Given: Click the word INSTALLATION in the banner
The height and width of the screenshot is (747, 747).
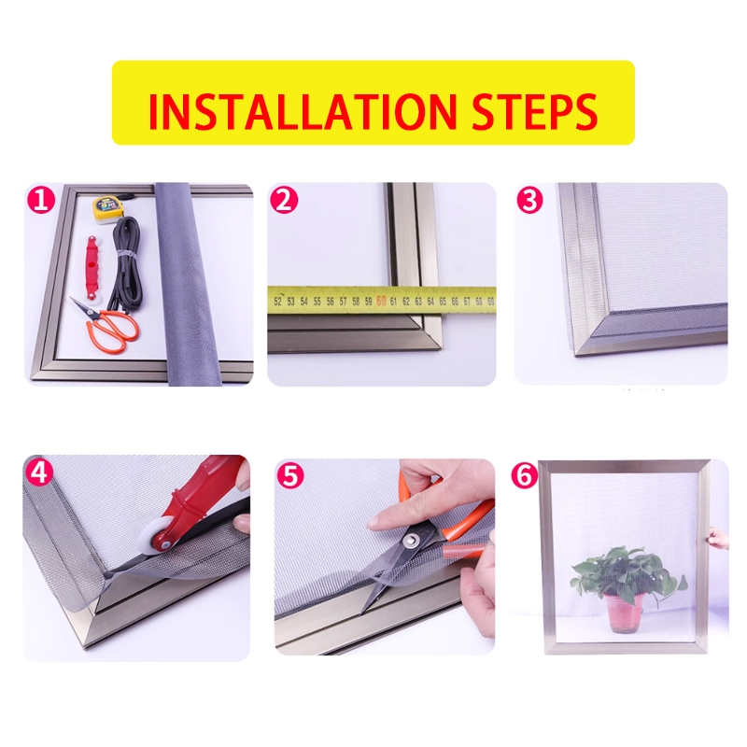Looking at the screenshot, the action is click(302, 111).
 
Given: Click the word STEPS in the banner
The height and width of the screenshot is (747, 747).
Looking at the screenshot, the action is click(534, 111).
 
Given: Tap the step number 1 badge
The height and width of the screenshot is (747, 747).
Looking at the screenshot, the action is click(41, 199).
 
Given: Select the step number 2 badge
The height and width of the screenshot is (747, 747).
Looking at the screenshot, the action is click(284, 200).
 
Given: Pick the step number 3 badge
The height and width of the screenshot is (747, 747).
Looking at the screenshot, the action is click(529, 200).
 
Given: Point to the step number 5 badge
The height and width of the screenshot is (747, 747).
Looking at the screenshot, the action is click(290, 474).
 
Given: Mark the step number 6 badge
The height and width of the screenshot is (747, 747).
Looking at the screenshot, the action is click(525, 475).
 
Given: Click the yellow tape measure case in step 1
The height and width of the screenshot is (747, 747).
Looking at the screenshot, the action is click(106, 209).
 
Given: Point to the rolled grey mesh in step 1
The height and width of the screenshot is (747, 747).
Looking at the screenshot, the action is click(190, 284).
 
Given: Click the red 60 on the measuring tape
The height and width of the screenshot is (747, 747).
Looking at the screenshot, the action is click(381, 301).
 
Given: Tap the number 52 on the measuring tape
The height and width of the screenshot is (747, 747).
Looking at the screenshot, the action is click(277, 301).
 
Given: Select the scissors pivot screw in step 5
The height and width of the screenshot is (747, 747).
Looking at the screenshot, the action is click(411, 540).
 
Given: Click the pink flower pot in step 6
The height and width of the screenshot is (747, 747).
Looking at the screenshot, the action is click(625, 613).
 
